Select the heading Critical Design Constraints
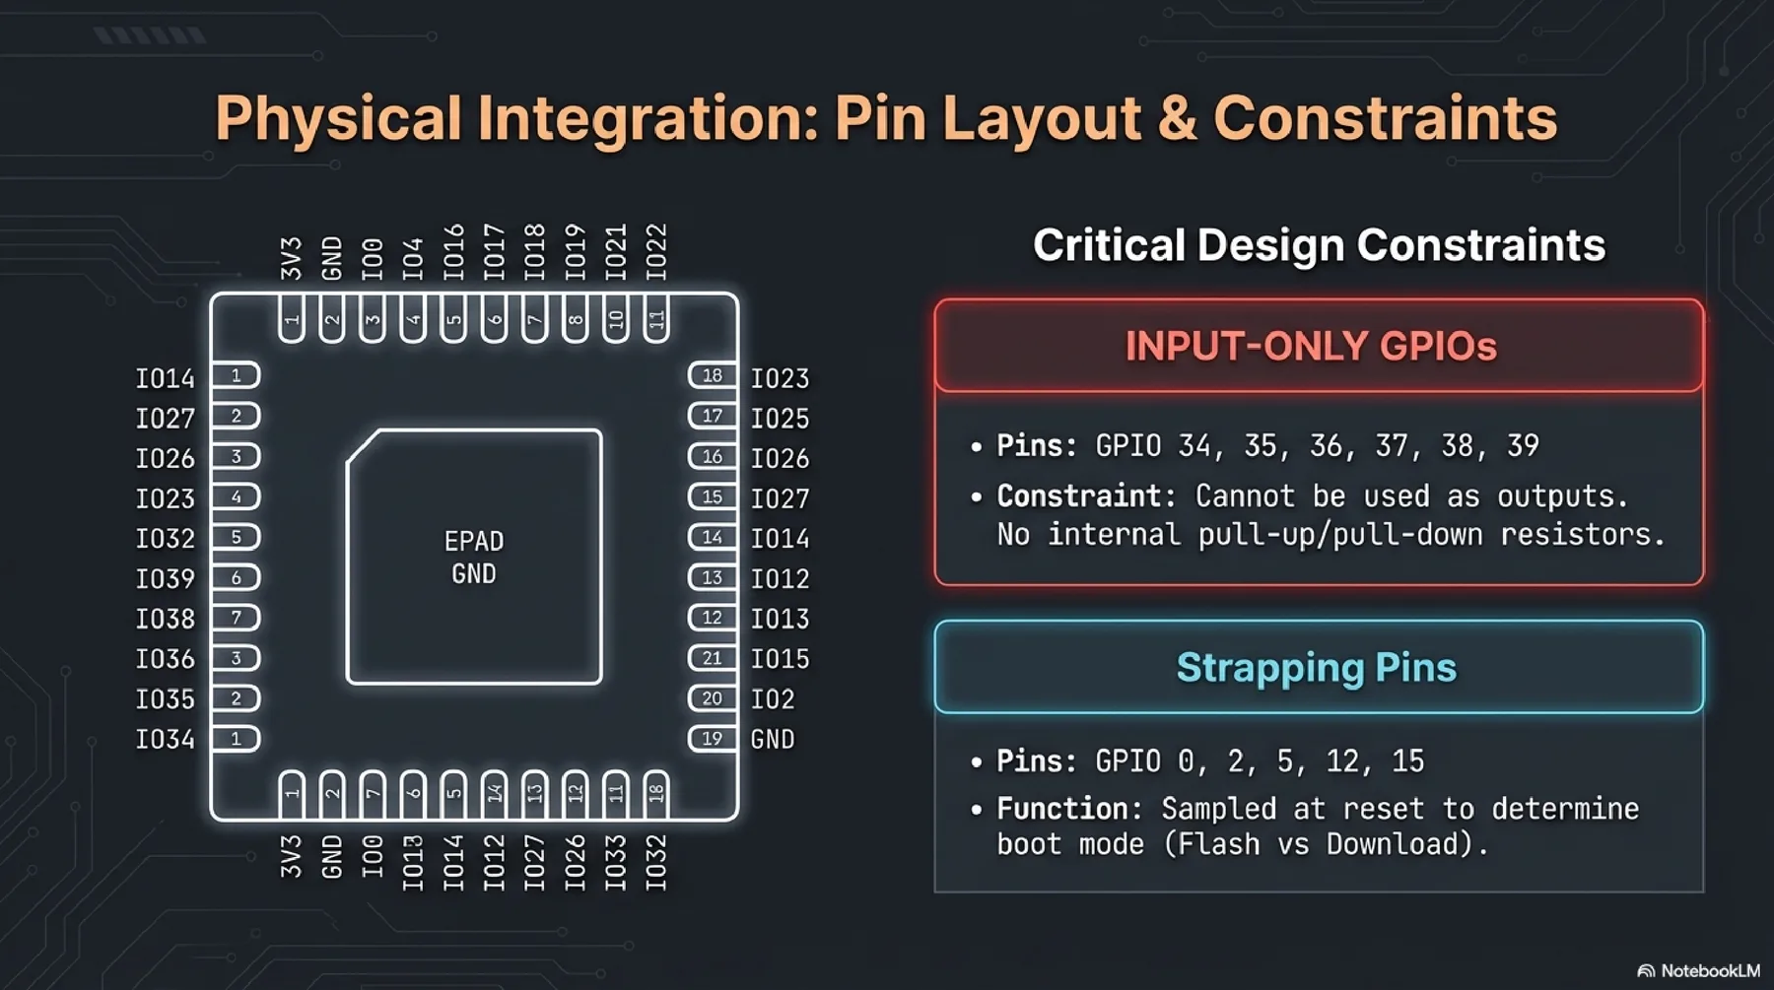tap(1319, 245)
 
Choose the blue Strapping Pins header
tap(1317, 668)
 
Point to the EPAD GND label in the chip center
tap(474, 558)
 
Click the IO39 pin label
tap(165, 578)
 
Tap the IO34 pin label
tap(165, 739)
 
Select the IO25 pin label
tap(780, 419)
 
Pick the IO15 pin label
tap(780, 659)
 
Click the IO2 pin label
tap(772, 699)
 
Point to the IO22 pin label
tap(656, 252)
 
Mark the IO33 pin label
tap(616, 863)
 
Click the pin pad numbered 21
tap(712, 658)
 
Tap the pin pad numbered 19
tap(712, 739)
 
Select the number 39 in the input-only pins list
tap(1523, 446)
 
